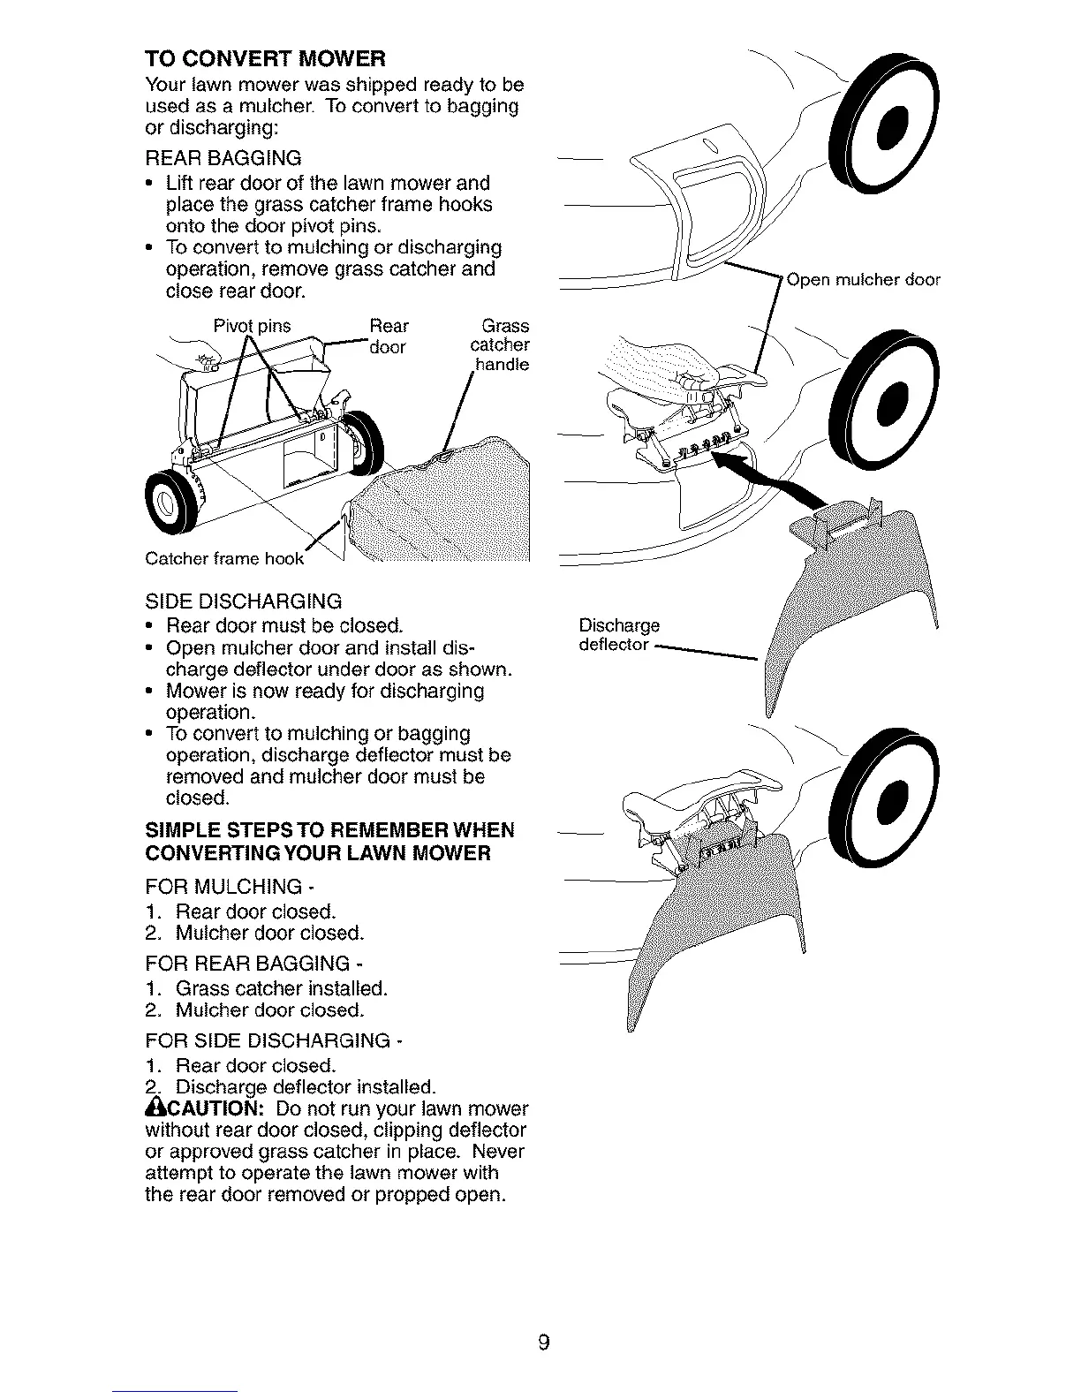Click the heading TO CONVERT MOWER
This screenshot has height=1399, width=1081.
[265, 59]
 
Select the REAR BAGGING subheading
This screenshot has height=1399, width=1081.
[223, 158]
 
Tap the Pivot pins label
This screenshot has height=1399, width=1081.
[253, 326]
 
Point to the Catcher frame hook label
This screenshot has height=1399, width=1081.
[224, 558]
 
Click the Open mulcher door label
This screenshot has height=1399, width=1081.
[864, 281]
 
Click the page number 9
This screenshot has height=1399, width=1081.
[544, 1320]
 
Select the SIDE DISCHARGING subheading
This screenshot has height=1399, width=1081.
[243, 601]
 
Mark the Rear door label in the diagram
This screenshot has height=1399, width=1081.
[388, 337]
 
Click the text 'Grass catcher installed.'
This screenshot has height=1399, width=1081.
[281, 987]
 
